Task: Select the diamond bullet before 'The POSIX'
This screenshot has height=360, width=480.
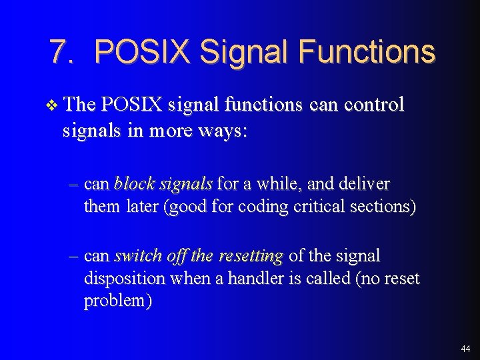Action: click(x=54, y=105)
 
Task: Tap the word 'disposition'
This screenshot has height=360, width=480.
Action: click(x=125, y=278)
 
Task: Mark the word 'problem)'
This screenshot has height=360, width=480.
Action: click(x=117, y=301)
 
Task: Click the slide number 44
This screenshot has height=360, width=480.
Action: click(x=465, y=349)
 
